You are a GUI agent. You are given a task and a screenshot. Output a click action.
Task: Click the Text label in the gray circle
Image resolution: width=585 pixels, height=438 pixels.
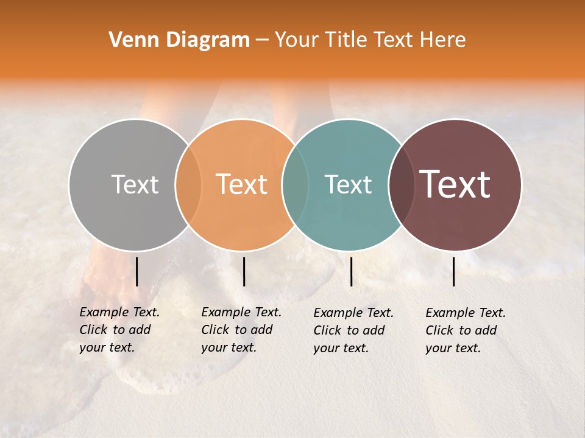pos(135,184)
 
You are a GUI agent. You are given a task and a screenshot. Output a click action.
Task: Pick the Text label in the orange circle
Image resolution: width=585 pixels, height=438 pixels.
pos(242,184)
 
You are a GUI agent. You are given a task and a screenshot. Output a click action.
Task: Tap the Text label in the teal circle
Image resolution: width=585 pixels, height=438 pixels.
pos(348,184)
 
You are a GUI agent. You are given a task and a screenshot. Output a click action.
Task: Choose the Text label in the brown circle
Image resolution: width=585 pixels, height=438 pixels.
pos(455,184)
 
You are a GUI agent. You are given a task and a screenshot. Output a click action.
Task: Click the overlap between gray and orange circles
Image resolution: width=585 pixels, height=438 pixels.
pos(188,184)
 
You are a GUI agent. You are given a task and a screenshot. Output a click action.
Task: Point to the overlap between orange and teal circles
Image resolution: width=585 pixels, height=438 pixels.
pos(295,184)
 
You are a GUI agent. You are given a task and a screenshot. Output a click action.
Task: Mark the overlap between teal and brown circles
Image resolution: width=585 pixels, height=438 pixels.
pos(401,184)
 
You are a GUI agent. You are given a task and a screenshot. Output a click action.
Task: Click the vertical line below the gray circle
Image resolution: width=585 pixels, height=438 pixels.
pos(136,271)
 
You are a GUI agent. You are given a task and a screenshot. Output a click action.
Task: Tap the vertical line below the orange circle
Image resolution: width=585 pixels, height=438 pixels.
pos(244,271)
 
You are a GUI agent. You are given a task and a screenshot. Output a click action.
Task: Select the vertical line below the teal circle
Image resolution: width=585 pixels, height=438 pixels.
pos(351,271)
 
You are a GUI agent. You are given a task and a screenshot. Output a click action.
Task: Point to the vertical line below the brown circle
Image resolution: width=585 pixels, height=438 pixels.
pos(453,271)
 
